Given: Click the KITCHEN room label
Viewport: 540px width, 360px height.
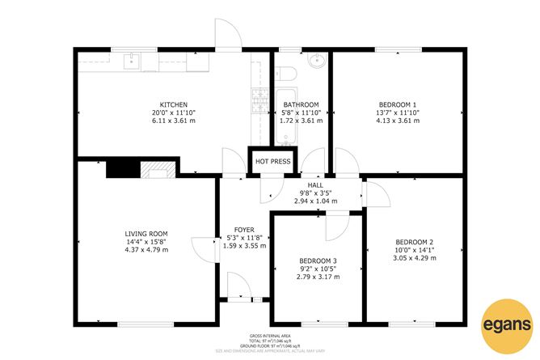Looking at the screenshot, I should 174,105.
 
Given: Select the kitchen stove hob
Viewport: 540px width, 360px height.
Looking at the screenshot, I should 260,100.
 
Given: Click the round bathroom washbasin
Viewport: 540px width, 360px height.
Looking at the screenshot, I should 317,60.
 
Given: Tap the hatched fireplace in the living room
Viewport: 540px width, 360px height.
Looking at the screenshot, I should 156,168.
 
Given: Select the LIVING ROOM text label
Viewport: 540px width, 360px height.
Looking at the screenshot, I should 146,231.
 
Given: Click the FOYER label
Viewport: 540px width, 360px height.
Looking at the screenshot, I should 245,230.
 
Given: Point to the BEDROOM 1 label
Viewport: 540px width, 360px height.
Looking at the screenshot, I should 398,105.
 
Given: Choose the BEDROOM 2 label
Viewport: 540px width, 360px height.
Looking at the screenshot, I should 415,242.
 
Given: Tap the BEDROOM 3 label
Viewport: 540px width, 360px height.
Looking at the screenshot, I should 317,260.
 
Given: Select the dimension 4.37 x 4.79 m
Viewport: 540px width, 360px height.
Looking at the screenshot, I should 146,250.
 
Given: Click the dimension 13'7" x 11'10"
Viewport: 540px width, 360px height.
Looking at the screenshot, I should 398,113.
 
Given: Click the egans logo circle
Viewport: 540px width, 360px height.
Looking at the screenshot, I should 507,327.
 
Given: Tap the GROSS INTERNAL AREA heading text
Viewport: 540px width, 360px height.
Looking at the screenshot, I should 270,335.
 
